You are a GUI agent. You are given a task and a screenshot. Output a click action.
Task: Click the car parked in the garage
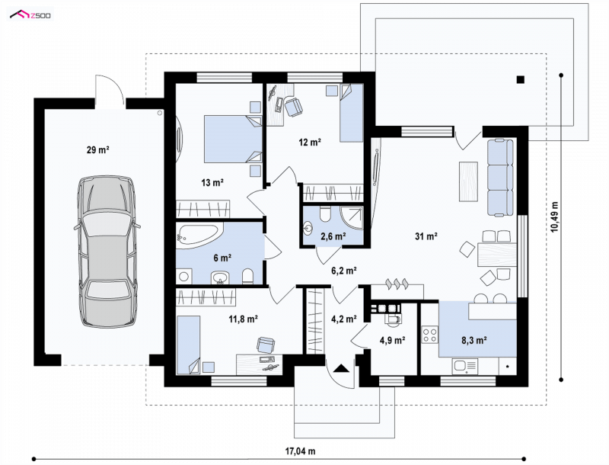click(x=107, y=251)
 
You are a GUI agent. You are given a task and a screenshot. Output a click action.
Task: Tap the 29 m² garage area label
click(x=98, y=149)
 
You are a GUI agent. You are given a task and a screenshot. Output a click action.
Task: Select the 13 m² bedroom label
click(x=212, y=182)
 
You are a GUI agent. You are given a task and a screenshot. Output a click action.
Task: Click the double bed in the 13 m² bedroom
click(x=233, y=139)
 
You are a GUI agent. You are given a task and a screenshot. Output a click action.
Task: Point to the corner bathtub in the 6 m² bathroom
click(x=199, y=235)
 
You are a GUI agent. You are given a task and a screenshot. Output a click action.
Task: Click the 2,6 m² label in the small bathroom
click(x=333, y=236)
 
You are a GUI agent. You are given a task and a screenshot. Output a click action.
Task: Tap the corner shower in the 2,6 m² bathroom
click(x=352, y=218)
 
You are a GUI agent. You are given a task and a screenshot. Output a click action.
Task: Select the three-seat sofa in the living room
click(x=500, y=177)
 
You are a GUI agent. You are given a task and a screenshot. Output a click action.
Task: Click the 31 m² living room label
click(x=426, y=236)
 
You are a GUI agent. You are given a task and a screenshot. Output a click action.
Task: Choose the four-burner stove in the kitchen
click(x=429, y=335)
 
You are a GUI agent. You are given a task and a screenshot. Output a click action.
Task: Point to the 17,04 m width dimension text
click(x=300, y=451)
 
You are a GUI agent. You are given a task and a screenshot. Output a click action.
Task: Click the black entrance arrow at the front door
click(x=341, y=367)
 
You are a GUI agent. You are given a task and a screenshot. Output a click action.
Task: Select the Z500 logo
click(x=30, y=15)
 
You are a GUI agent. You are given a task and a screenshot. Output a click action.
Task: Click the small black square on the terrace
click(x=521, y=80)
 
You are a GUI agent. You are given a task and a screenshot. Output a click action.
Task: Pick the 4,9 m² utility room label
click(x=393, y=341)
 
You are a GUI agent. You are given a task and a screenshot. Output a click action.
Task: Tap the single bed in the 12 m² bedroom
click(x=352, y=113)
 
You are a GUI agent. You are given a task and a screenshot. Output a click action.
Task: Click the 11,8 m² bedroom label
click(x=244, y=319)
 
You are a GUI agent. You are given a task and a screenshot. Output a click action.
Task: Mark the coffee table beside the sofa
click(x=468, y=181)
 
